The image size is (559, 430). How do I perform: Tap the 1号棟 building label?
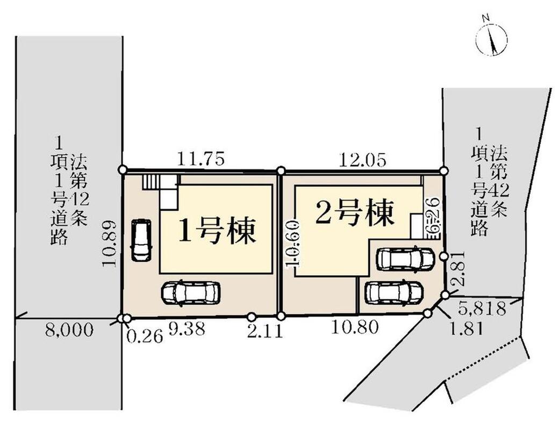click(217, 231)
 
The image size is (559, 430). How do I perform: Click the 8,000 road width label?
click(69, 329)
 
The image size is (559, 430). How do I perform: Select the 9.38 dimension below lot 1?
click(187, 329)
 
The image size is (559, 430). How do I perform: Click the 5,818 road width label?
click(483, 308)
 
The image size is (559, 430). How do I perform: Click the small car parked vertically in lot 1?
click(141, 240)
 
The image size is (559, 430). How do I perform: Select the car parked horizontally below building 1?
click(191, 292)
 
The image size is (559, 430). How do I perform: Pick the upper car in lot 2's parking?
click(405, 260)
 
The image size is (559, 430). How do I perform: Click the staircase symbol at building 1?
click(153, 182)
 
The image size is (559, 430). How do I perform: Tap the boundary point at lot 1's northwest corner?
click(123, 170)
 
